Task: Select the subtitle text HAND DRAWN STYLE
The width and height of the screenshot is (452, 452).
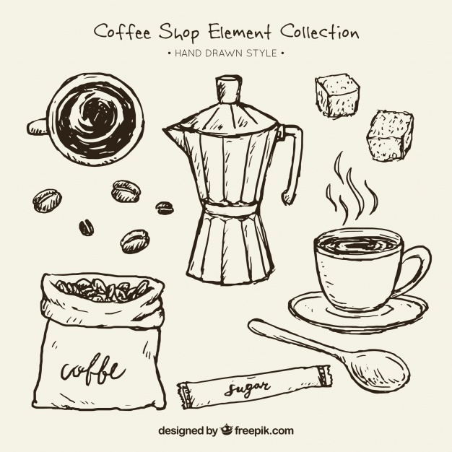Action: click(226, 53)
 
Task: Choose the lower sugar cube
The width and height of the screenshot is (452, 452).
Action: click(390, 135)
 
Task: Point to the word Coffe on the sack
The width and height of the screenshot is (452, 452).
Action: click(90, 371)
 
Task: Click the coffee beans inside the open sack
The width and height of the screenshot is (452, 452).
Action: click(101, 289)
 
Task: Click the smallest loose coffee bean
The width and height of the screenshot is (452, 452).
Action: click(86, 227)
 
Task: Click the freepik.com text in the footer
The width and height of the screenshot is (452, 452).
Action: click(264, 431)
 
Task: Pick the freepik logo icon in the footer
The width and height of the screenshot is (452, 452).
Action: click(226, 430)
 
